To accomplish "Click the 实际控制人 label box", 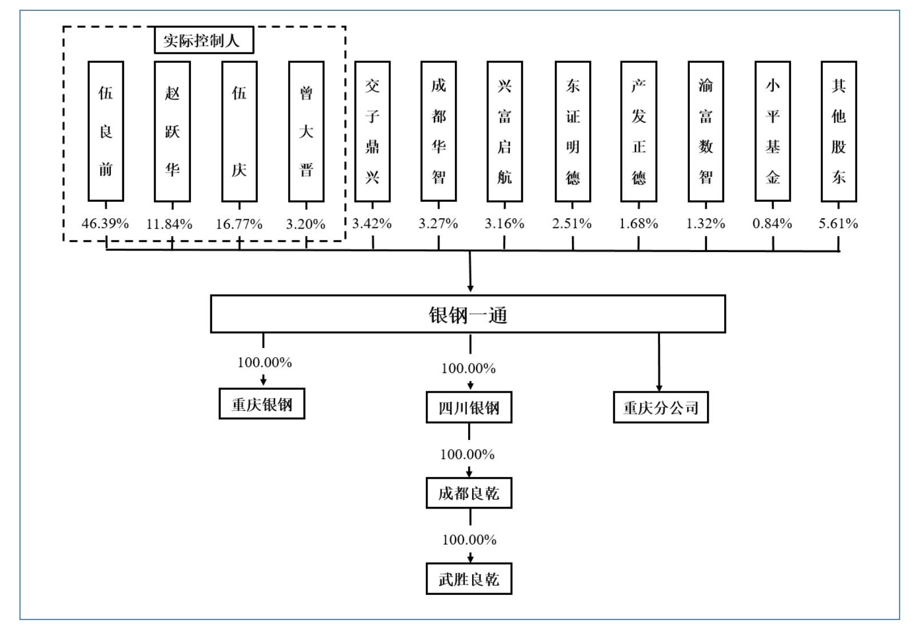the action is pos(204,40).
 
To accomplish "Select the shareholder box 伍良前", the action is pos(106,131).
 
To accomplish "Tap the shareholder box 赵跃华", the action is pos(173,131).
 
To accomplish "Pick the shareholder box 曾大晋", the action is pos(306,131).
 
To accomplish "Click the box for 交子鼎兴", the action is pos(373,131).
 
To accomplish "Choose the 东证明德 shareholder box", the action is pos(573,131).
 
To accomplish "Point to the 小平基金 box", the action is pos(773,131).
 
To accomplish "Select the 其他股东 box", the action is pos(839,131).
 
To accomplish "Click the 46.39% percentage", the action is pos(105,224).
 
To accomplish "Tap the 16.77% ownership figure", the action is pos(239,224).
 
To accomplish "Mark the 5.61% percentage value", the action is pos(838,224).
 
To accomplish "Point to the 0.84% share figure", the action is pos(772,224).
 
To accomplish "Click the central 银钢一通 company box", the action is pos(468,314).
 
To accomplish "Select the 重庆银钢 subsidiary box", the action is pos(262,404).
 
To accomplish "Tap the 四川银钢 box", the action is pos(469,407).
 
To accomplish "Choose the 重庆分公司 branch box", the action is pos(661,407).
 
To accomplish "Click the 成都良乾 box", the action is pos(469,493).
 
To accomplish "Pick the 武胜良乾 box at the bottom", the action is pos(469,579).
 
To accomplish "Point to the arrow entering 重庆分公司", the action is pos(659,362).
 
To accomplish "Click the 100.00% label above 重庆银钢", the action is pos(265,363).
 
